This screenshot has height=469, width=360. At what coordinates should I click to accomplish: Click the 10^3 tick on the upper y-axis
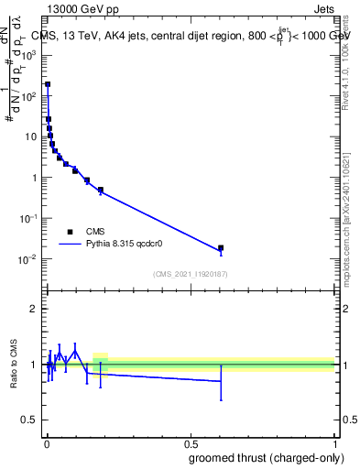click(30, 54)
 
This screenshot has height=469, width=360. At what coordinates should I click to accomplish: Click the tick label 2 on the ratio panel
click(34, 309)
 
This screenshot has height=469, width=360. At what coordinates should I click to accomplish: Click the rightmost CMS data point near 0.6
click(221, 247)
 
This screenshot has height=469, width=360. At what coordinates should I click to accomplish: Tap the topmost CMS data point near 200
click(48, 84)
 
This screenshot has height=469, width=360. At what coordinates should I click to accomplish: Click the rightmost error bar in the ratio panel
click(221, 381)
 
